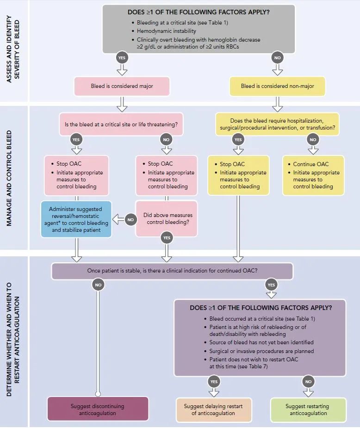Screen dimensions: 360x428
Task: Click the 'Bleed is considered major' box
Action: point(122,86)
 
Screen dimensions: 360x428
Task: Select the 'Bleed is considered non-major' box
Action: point(277,86)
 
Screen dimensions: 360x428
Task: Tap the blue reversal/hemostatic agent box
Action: point(76,219)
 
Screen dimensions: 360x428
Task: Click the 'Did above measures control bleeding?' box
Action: point(167,219)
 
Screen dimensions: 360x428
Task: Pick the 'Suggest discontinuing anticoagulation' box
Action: point(98,409)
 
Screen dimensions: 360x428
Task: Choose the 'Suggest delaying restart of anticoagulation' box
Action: point(214,409)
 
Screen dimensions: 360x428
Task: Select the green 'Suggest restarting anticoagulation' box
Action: point(308,409)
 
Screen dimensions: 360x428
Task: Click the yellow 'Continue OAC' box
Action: point(313,175)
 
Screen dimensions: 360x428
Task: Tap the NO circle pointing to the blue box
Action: point(130,220)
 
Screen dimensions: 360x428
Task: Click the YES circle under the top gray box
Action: point(122,57)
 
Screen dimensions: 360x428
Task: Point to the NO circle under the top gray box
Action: point(277,57)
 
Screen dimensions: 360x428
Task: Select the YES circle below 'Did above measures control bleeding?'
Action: point(167,238)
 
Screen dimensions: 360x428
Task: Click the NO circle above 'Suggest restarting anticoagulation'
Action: point(308,382)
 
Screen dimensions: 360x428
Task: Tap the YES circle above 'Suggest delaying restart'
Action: point(214,382)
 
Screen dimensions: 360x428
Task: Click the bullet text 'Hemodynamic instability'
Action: point(166,31)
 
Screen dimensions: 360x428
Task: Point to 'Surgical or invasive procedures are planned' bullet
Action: point(261,351)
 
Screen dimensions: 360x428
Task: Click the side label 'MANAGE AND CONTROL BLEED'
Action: point(9,178)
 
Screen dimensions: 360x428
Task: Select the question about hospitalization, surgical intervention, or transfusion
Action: point(277,124)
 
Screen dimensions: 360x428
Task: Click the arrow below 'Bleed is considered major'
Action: point(122,104)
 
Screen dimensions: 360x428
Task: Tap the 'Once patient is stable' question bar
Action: point(172,271)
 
